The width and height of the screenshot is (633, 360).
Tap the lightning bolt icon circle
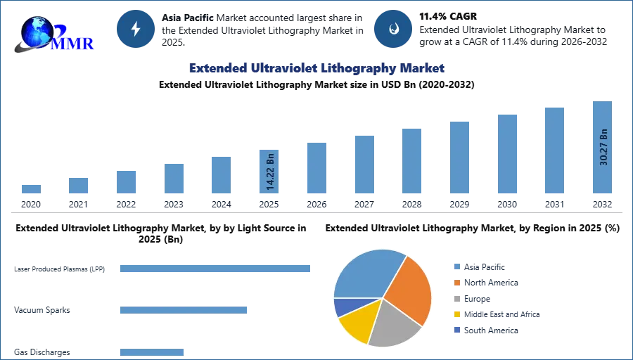point(136,29)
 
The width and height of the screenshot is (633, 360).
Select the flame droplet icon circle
point(393,29)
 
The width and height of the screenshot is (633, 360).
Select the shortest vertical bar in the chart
point(30,188)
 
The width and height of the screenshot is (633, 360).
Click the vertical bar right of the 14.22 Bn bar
point(315,169)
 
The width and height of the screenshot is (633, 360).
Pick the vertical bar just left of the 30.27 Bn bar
point(554,151)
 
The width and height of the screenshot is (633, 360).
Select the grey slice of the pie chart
point(393,325)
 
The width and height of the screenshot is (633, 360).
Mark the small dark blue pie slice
point(341,307)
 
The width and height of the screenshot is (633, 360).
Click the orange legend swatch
point(456,282)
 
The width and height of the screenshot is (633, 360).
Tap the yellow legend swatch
point(456,315)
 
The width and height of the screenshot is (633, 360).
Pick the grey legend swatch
point(456,298)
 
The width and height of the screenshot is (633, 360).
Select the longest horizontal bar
point(216,269)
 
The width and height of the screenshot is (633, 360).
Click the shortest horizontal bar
point(151,353)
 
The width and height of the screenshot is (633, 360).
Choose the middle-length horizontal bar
point(183,309)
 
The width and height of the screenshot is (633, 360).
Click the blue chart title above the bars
point(316,68)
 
